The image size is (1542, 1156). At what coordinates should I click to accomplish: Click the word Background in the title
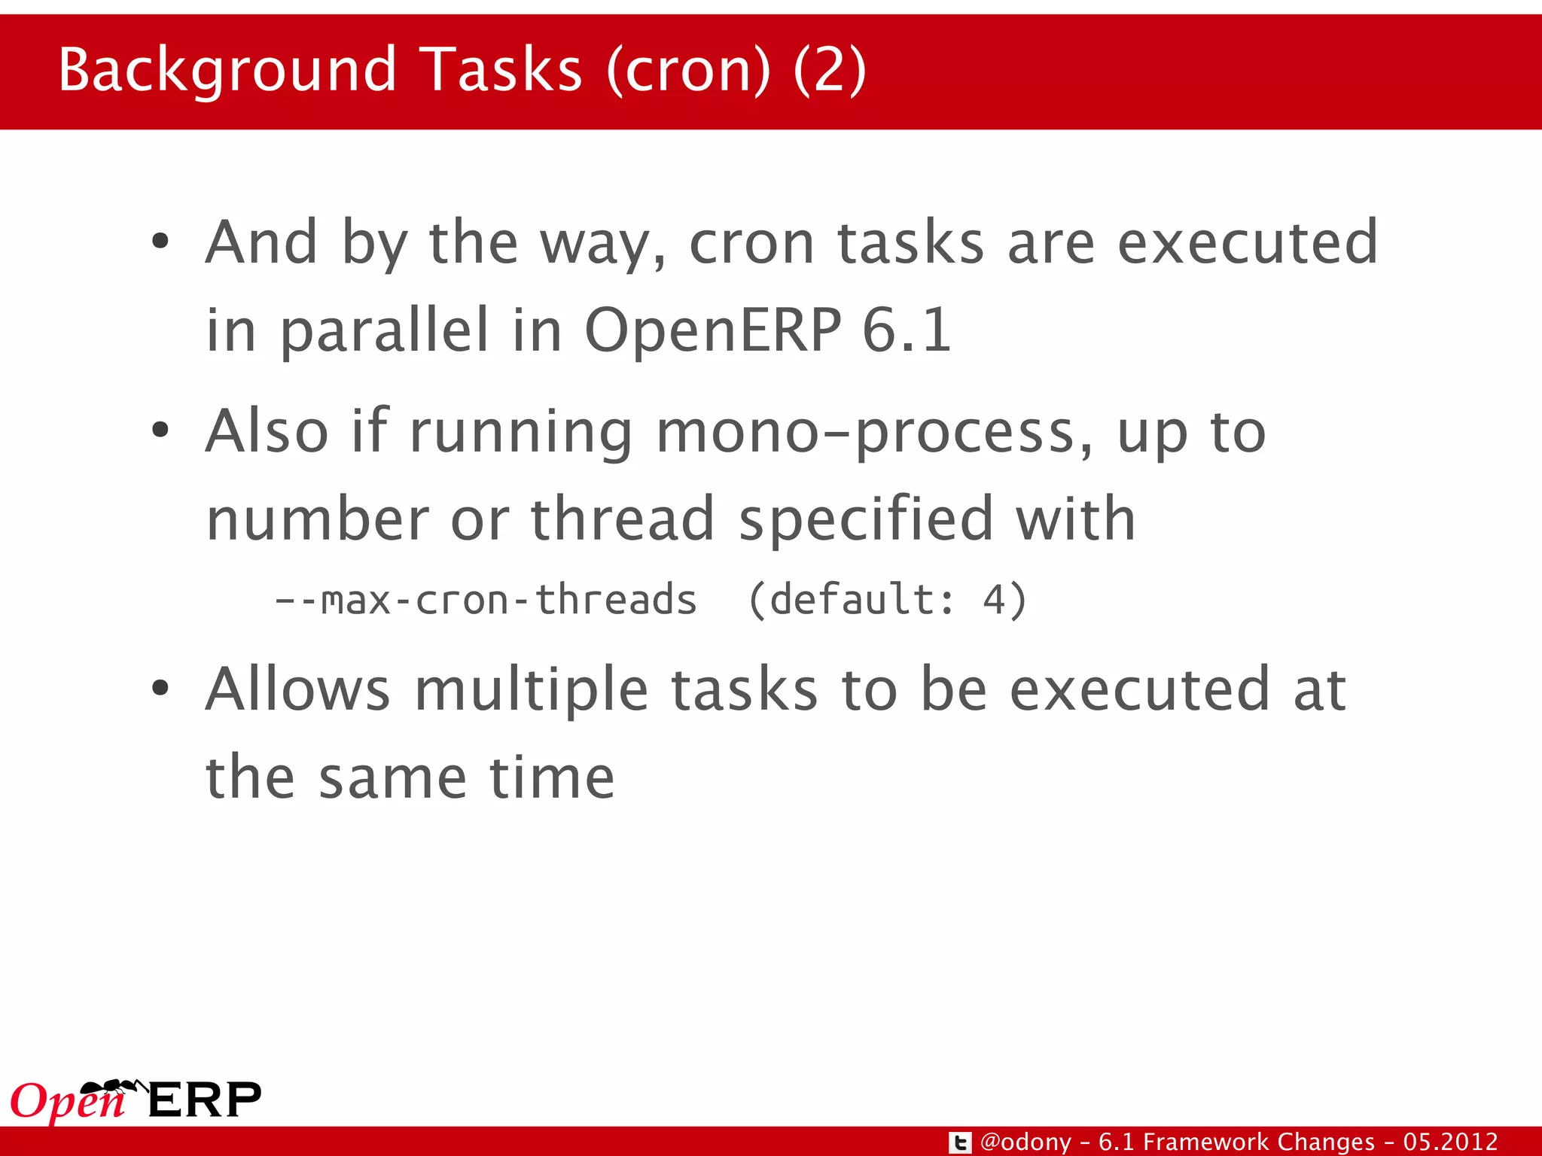tap(227, 71)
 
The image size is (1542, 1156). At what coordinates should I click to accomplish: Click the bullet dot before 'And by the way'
tap(160, 242)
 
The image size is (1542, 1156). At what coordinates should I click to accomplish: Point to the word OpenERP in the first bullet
tap(713, 330)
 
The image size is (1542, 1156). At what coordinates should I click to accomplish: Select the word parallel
tap(385, 331)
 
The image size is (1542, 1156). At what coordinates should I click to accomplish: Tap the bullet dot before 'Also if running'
tap(160, 431)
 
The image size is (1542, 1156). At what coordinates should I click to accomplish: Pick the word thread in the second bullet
tap(622, 519)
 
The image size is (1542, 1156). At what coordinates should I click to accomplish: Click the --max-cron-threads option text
tap(486, 601)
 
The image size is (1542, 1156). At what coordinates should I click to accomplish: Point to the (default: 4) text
tap(888, 601)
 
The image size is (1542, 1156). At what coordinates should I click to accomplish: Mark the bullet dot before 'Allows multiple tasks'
tap(160, 689)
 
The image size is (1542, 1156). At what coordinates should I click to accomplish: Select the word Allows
tap(298, 689)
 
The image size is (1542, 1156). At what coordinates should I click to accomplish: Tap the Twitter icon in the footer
tap(960, 1142)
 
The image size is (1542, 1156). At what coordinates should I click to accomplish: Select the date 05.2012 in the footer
tap(1450, 1142)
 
